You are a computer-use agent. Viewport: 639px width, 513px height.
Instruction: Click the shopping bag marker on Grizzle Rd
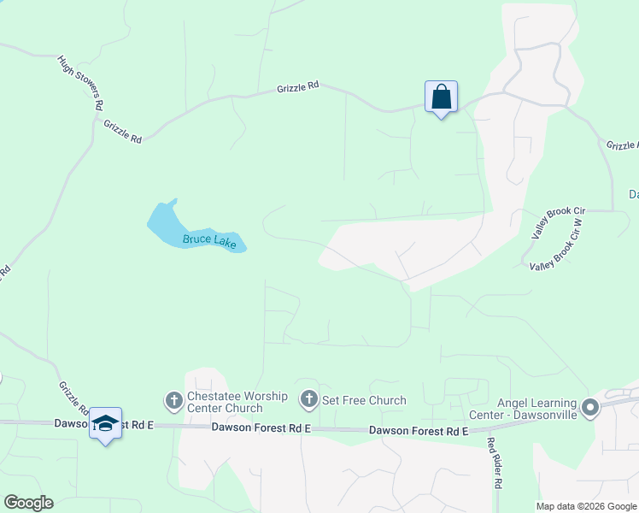441,97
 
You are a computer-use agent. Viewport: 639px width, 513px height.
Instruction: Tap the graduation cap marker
105,423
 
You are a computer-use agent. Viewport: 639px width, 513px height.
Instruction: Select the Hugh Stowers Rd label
80,82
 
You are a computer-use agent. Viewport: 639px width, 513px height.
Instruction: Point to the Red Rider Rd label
494,463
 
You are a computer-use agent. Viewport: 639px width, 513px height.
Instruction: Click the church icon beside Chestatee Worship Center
173,399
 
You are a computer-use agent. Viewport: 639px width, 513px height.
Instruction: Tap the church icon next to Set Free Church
308,399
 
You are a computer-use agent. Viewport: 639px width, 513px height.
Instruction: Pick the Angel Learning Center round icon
589,409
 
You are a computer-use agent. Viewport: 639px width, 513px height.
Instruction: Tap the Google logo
28,503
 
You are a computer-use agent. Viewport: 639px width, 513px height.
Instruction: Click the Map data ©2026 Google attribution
587,506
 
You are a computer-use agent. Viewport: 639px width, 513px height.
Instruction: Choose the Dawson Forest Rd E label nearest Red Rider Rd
419,431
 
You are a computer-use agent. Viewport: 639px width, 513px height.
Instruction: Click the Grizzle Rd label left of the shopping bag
297,87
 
